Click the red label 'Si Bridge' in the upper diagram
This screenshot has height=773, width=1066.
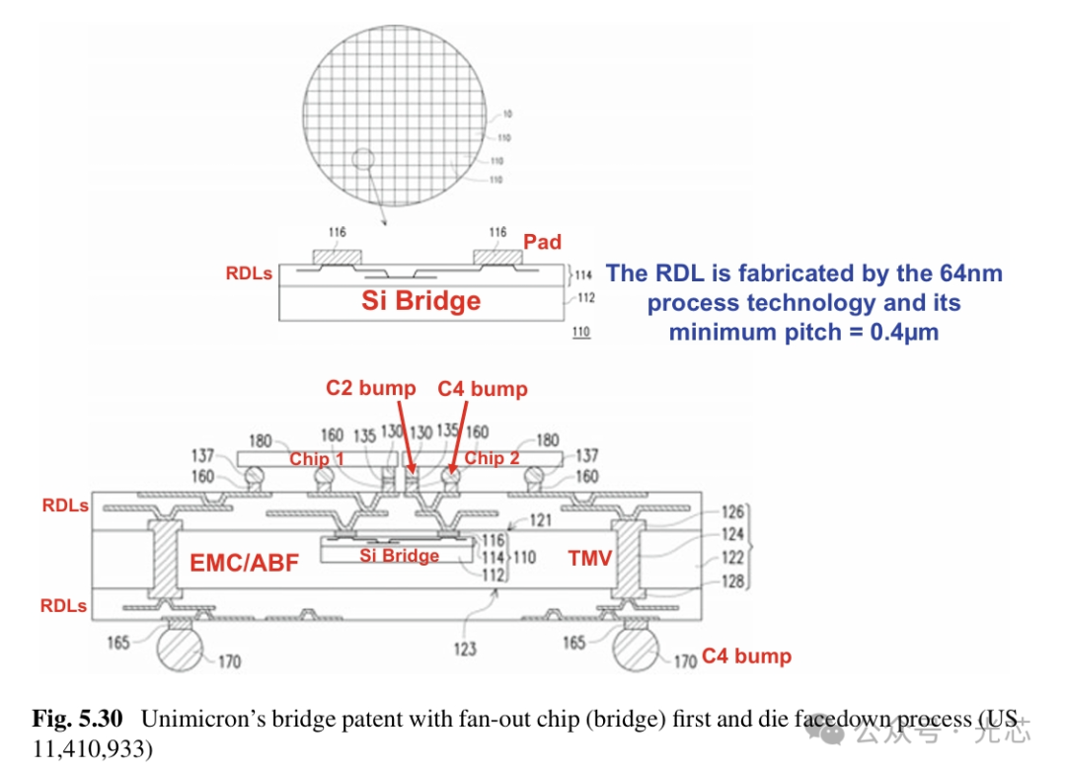tap(420, 300)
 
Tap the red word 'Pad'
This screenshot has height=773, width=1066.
tap(542, 242)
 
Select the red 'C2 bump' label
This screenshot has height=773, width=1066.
tap(370, 388)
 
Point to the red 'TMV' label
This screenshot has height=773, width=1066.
tap(589, 559)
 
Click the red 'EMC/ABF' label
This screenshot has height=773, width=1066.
tap(244, 564)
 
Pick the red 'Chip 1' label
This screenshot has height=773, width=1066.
tap(316, 459)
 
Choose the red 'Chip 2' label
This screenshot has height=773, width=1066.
tap(492, 458)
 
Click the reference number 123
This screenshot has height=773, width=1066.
tap(465, 649)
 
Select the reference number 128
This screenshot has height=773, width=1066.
tap(731, 582)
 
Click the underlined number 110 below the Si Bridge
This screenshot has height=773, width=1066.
tap(580, 332)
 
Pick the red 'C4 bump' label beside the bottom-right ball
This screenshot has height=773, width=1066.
tap(746, 657)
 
